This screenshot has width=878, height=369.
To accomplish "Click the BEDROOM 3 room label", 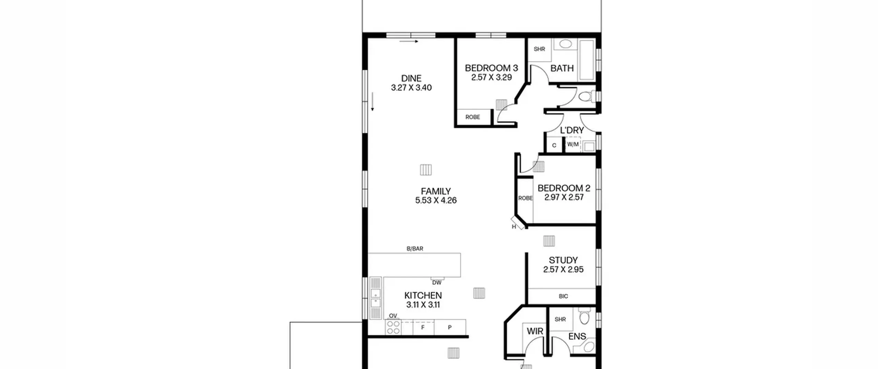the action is click(x=491, y=68).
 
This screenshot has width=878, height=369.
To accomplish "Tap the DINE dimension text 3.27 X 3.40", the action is click(x=411, y=88).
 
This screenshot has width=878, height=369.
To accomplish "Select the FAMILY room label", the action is click(x=436, y=191).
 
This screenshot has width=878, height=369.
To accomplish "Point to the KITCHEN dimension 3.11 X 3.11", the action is click(x=423, y=304).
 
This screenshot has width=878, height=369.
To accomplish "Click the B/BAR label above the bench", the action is click(x=415, y=249).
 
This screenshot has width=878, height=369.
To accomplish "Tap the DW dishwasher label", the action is click(x=437, y=282).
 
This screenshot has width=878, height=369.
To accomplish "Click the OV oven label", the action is click(x=393, y=316).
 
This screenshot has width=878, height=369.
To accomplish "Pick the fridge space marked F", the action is click(x=423, y=327).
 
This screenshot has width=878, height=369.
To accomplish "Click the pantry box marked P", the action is click(x=450, y=327).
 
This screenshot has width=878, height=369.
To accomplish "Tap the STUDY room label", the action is click(x=563, y=260).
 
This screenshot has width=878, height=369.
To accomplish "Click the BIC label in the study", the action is click(x=563, y=296).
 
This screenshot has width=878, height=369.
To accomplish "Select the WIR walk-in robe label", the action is click(x=535, y=331).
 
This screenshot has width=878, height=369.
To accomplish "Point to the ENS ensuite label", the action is click(x=577, y=336).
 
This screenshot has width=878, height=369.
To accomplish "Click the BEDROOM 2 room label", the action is click(x=564, y=188).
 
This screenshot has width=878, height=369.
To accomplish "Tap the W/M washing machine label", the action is click(x=573, y=145).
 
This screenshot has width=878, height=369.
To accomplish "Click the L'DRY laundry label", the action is click(x=572, y=130).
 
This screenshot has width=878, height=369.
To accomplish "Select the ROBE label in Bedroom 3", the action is click(x=473, y=117).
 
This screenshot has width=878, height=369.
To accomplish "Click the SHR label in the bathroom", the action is click(x=539, y=49).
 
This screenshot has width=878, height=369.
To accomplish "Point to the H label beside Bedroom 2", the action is click(x=514, y=227).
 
